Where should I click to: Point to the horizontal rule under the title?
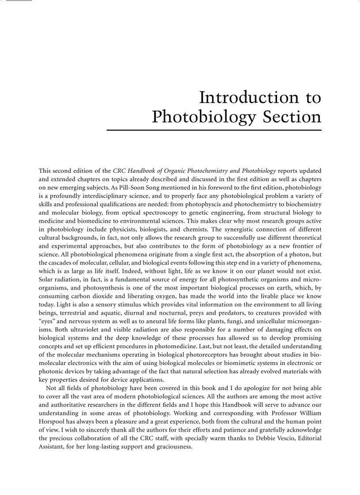point(214,130)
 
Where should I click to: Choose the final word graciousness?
point(171,447)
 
